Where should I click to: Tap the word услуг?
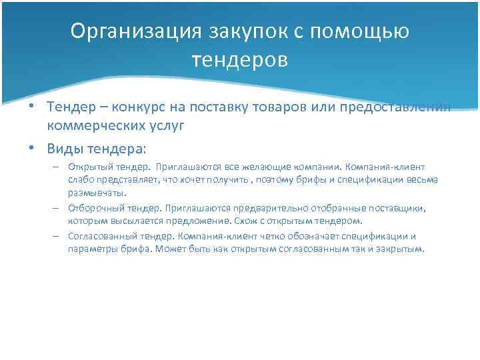coord(165,125)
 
